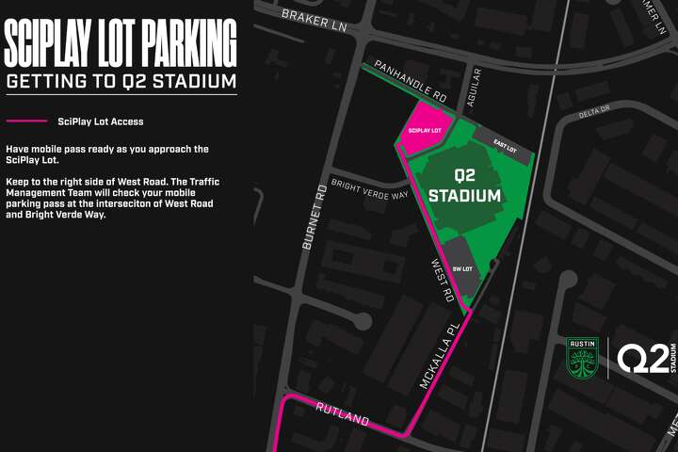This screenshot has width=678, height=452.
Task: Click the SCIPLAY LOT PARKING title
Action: (120, 42)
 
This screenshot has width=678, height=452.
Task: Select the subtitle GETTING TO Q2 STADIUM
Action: (120, 81)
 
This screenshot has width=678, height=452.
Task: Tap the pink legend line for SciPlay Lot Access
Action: (26, 121)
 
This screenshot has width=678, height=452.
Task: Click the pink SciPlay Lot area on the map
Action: (422, 134)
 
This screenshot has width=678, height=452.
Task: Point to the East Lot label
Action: (505, 147)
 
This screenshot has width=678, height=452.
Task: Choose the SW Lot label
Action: (461, 268)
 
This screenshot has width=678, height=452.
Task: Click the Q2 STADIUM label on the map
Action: (463, 186)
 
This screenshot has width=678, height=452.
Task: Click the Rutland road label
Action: (342, 413)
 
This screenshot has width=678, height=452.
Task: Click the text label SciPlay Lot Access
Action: (100, 121)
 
